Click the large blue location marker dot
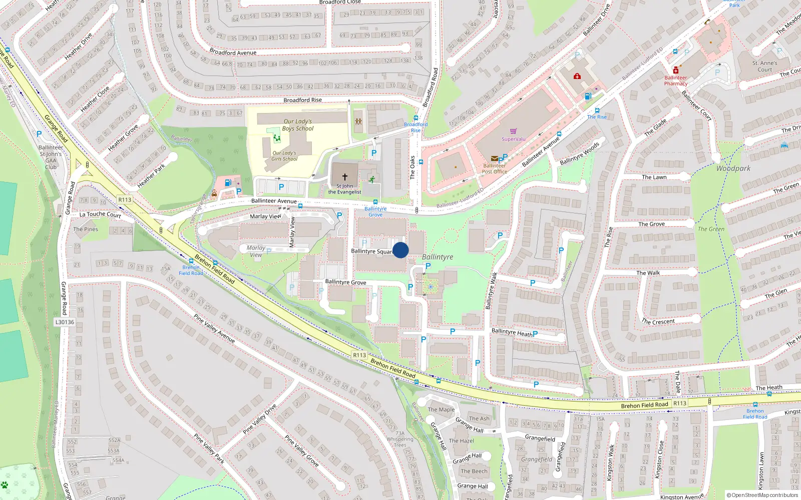pos(400,250)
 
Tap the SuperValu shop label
pos(514,139)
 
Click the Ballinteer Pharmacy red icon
pos(676,70)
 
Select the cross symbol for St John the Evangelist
pos(344,177)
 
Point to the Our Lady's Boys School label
pos(297,125)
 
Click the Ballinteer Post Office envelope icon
pos(494,158)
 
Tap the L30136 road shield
pos(65,322)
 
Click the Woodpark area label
pos(733,168)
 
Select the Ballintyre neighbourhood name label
pos(438,257)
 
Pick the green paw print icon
pos(5,484)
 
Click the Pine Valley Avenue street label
pos(214,328)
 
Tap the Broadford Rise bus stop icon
pos(416,118)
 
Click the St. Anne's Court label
pos(764,66)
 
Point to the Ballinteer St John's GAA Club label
pos(51,157)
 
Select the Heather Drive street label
pos(78,46)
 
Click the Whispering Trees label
pos(400,442)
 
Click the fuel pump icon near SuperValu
pos(588,96)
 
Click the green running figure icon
pos(372,179)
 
